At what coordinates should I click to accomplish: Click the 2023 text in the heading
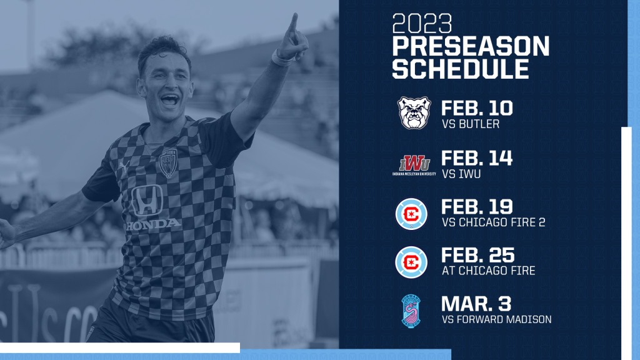tap(422, 24)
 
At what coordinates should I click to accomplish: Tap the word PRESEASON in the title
tap(471, 46)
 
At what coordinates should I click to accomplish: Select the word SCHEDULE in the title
tap(461, 69)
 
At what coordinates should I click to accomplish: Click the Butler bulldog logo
tap(414, 112)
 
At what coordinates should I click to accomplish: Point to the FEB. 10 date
tap(477, 109)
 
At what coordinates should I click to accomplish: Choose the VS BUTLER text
tap(471, 124)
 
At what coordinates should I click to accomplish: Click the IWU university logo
tap(414, 165)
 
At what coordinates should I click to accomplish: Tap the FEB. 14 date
tap(477, 158)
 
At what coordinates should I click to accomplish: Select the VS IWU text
tap(461, 174)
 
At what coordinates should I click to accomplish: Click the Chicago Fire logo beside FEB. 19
tap(411, 214)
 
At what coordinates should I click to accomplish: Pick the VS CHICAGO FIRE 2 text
tap(494, 222)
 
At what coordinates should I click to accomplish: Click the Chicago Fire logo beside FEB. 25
tap(411, 262)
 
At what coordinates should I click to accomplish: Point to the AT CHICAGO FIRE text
tap(489, 271)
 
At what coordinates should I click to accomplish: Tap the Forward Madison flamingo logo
tap(411, 311)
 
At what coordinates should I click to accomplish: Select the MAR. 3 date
tap(476, 304)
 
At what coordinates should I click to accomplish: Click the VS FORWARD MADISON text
tap(497, 319)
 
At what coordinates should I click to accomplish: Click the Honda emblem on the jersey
tap(147, 201)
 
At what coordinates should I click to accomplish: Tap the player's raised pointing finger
tap(292, 22)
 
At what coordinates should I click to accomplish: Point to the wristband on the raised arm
tap(282, 59)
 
